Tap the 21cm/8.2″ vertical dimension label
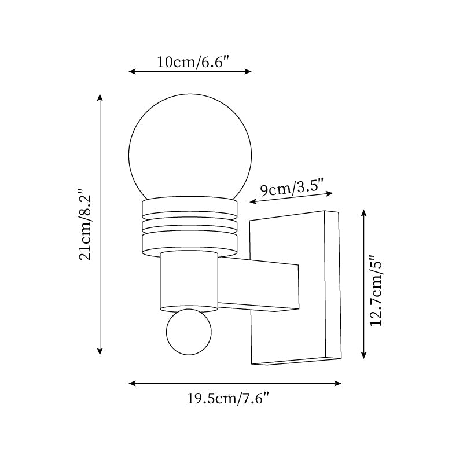coord(85,224)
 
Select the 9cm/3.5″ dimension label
coord(296,188)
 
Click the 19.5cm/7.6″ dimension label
coord(229,398)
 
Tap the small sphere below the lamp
coord(189,332)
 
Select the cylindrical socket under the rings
coord(189,281)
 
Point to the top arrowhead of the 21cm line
coord(100,97)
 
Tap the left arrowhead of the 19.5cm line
coord(131,383)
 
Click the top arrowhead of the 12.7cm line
coord(364,212)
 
